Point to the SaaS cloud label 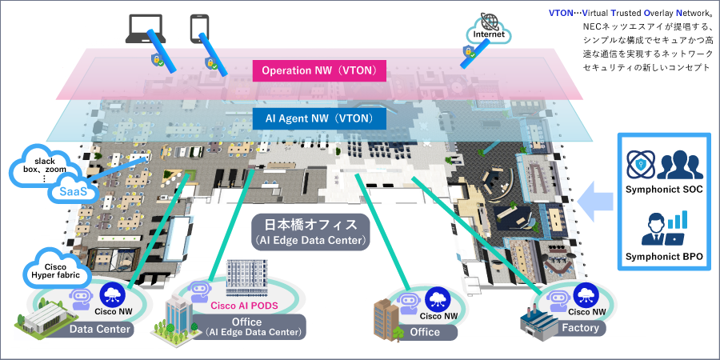click(x=67, y=191)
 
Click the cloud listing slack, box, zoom click(x=44, y=166)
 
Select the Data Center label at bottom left click(x=101, y=329)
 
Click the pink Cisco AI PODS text click(x=243, y=305)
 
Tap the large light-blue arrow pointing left click(x=595, y=198)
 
